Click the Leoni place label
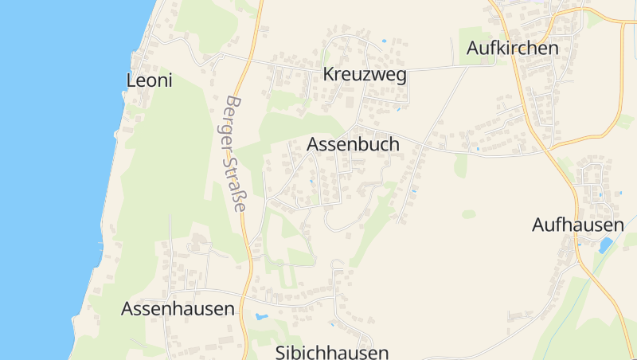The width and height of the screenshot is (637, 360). click(x=150, y=80)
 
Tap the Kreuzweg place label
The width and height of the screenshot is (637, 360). click(x=365, y=76)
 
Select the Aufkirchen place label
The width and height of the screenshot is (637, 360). click(x=513, y=48)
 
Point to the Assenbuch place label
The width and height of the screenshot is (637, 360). click(x=353, y=145)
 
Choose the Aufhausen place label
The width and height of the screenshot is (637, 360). click(x=577, y=225)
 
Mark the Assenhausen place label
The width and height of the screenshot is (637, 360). click(x=178, y=309)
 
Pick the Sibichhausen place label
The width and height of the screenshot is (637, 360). click(x=332, y=352)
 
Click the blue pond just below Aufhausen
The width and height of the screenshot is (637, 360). click(x=606, y=244)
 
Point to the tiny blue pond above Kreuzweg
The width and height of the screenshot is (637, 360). click(x=384, y=41)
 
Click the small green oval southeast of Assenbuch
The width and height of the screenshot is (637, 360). click(x=469, y=214)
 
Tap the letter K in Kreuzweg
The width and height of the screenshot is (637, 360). click(x=328, y=76)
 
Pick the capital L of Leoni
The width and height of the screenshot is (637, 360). click(x=131, y=80)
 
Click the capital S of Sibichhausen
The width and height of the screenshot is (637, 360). click(x=281, y=352)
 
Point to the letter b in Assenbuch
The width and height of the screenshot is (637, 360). click(x=366, y=145)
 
